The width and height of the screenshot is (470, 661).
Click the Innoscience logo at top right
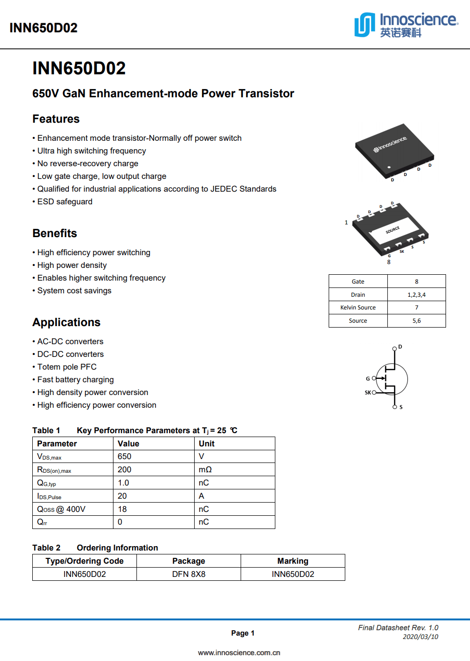(x=406, y=25)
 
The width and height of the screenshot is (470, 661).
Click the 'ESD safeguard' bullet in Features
(x=65, y=201)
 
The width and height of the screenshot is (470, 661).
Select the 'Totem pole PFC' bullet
(x=67, y=367)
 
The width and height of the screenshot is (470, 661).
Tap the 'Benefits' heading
(x=55, y=233)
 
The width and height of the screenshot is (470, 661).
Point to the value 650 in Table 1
(x=125, y=456)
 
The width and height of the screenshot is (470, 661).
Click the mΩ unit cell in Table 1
(x=205, y=469)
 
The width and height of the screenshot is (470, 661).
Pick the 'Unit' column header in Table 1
(x=206, y=443)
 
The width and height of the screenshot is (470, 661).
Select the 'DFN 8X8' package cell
(x=189, y=574)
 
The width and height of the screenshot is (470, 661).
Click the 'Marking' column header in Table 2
(x=292, y=561)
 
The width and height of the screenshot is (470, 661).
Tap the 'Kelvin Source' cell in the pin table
(x=358, y=308)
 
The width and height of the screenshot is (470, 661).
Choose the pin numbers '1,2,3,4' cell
(x=416, y=295)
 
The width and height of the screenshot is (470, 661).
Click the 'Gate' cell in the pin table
(x=358, y=282)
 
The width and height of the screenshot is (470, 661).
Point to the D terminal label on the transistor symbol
(x=400, y=347)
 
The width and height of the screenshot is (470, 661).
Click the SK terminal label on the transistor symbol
(x=368, y=393)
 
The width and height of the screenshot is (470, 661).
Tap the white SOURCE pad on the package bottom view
(x=394, y=230)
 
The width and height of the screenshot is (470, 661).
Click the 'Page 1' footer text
(x=243, y=633)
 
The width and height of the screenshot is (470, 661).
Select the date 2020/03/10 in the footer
(x=420, y=637)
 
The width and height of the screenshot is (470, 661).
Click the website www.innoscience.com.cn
(x=239, y=653)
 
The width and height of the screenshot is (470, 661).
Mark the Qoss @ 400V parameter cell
(x=61, y=509)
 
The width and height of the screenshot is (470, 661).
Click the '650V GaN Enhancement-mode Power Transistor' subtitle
(x=163, y=93)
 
